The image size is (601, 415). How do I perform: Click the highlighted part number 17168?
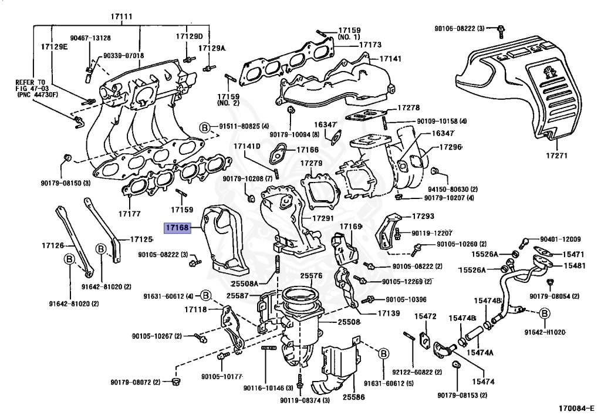pyautogui.click(x=177, y=227)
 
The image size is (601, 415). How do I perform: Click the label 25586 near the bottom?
pyautogui.click(x=336, y=397)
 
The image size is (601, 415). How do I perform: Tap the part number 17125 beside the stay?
pyautogui.click(x=141, y=239)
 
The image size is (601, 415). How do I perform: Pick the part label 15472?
pyautogui.click(x=426, y=316)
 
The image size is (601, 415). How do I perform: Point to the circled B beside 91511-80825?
pyautogui.click(x=204, y=126)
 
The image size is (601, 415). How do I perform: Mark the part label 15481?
pyautogui.click(x=576, y=265)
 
